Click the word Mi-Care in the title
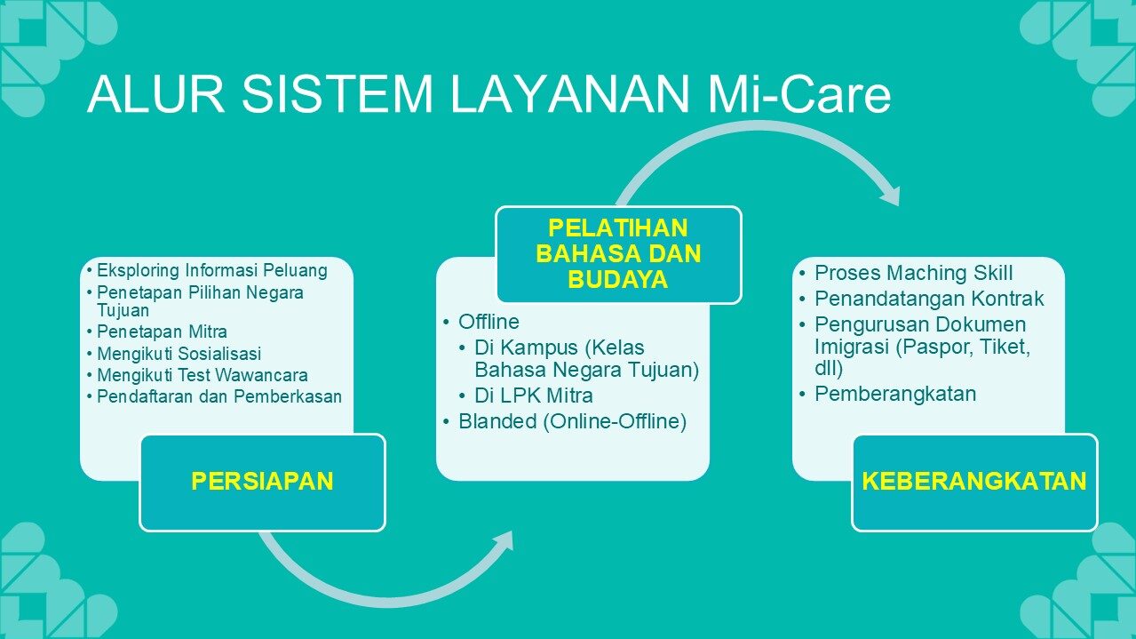798,94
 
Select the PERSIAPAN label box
262,483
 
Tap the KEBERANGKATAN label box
974,483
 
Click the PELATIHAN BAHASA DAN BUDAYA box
618,255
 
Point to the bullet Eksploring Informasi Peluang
212,270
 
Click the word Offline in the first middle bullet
489,322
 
